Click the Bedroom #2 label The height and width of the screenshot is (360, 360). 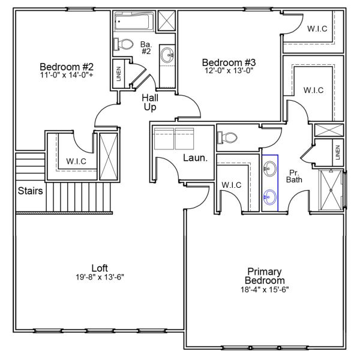coord(67,67)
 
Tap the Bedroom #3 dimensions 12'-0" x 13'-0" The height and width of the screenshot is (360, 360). coord(229,70)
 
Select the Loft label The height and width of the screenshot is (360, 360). coord(100,268)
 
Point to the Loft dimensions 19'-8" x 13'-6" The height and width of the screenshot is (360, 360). coord(100,277)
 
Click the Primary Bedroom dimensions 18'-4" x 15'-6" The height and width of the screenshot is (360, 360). coord(265,290)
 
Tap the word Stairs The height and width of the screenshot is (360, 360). coord(31,191)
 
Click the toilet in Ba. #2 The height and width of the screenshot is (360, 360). coord(123,44)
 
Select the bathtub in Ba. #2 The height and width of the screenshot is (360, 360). coord(134,22)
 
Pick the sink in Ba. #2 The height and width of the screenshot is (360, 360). coord(167,55)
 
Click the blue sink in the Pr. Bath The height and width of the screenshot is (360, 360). coord(270,197)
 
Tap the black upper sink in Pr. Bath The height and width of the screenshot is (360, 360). coord(270,169)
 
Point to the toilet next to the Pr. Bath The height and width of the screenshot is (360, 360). coord(227,138)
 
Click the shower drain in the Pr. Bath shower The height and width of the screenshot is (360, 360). coord(331,190)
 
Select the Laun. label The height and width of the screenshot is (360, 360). coord(196,158)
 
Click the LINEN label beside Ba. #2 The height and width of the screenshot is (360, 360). coord(119,74)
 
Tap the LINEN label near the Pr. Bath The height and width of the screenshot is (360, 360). coord(338,152)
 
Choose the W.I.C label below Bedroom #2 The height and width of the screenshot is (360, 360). coord(76,161)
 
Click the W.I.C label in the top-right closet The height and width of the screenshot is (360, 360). coord(317,29)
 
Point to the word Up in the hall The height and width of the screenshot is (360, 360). coord(150,107)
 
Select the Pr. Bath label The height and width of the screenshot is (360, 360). coord(294,176)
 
